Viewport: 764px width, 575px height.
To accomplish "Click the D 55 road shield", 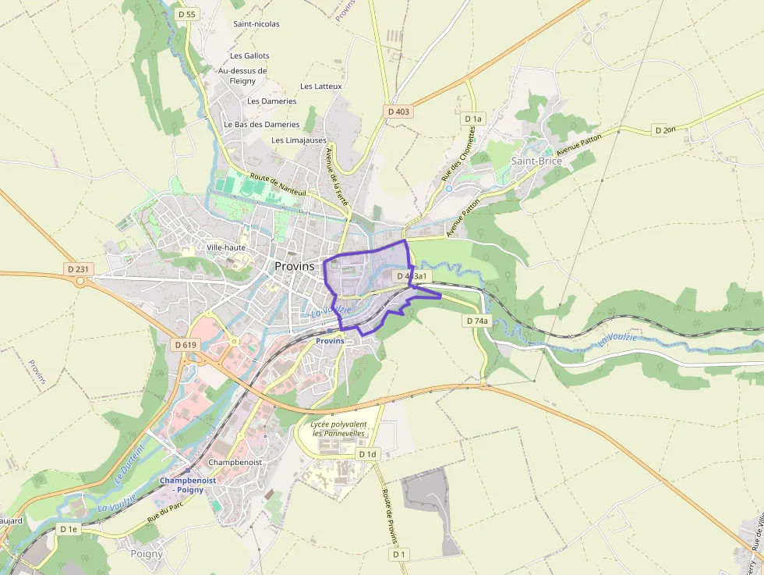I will coord(186,14).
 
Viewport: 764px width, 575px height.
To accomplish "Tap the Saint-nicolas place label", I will coord(256,24).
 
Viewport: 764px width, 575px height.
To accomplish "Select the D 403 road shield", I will coord(398,112).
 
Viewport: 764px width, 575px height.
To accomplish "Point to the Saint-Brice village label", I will coord(536,161).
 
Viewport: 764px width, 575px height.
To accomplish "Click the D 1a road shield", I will coord(473,119).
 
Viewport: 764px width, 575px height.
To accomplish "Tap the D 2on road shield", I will coord(665,130).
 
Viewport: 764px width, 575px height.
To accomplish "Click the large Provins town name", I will coord(295,266).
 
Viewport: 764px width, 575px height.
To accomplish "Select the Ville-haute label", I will coord(226,247).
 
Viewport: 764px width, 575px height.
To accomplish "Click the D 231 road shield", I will coord(80,269).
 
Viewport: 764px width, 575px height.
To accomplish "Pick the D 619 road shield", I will coord(186,344).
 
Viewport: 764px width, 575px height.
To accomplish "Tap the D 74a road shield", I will coord(477,321).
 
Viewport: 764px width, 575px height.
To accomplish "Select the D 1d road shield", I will coord(367,454).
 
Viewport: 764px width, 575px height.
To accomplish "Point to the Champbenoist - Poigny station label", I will coord(188,485).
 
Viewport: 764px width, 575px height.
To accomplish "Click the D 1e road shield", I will coord(69,529).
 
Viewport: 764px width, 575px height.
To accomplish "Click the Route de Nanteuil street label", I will coord(278,185).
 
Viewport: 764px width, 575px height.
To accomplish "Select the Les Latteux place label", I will coord(321,87).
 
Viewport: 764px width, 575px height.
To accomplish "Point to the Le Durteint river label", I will coord(131,463).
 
